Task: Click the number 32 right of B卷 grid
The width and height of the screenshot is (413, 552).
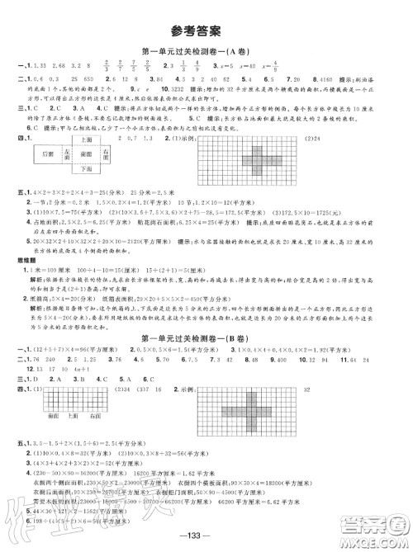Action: (378, 390)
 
